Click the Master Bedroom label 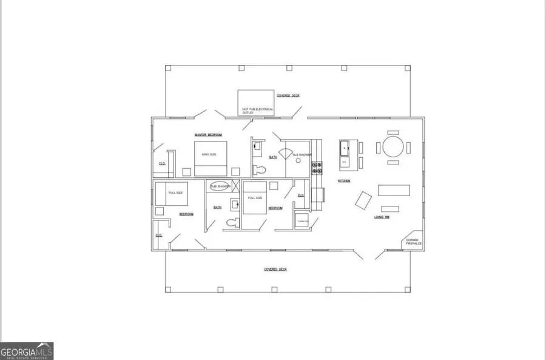pyautogui.click(x=208, y=135)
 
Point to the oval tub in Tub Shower pyautogui.click(x=220, y=187)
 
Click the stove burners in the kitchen pyautogui.click(x=316, y=168)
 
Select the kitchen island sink pyautogui.click(x=345, y=146)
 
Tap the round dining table pyautogui.click(x=392, y=147)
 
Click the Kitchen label pyautogui.click(x=343, y=181)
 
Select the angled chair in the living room pyautogui.click(x=364, y=200)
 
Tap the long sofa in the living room pyautogui.click(x=394, y=190)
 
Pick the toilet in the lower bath pyautogui.click(x=230, y=223)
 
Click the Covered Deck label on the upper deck pyautogui.click(x=288, y=96)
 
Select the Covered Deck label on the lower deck pyautogui.click(x=275, y=269)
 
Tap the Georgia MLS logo pyautogui.click(x=27, y=350)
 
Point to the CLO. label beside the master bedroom pyautogui.click(x=162, y=163)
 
